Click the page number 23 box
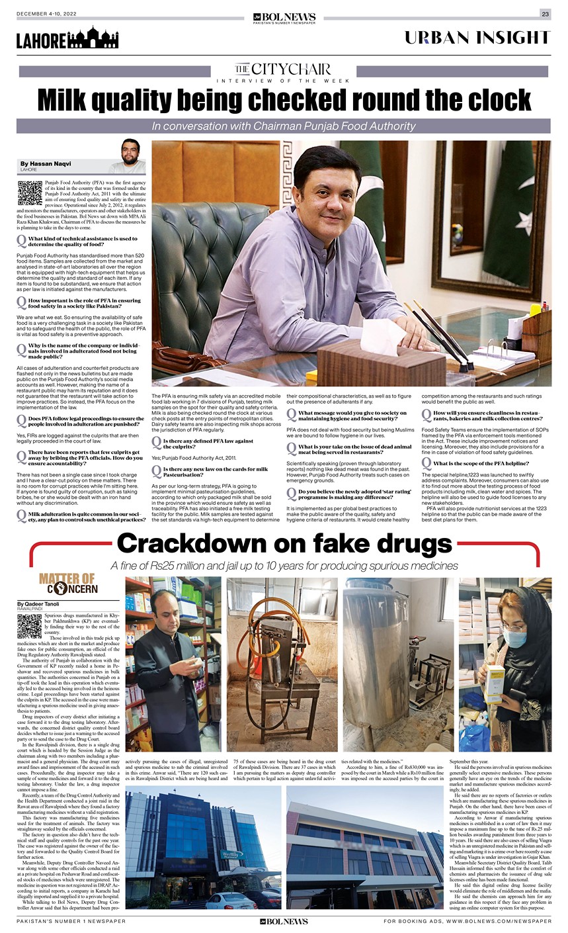(x=545, y=14)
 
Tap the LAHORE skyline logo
(x=67, y=39)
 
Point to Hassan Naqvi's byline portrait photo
(x=126, y=157)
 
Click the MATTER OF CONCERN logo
(x=68, y=584)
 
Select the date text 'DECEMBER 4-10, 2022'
(x=45, y=14)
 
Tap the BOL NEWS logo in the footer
(x=284, y=921)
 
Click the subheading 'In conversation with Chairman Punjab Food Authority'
(x=284, y=126)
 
